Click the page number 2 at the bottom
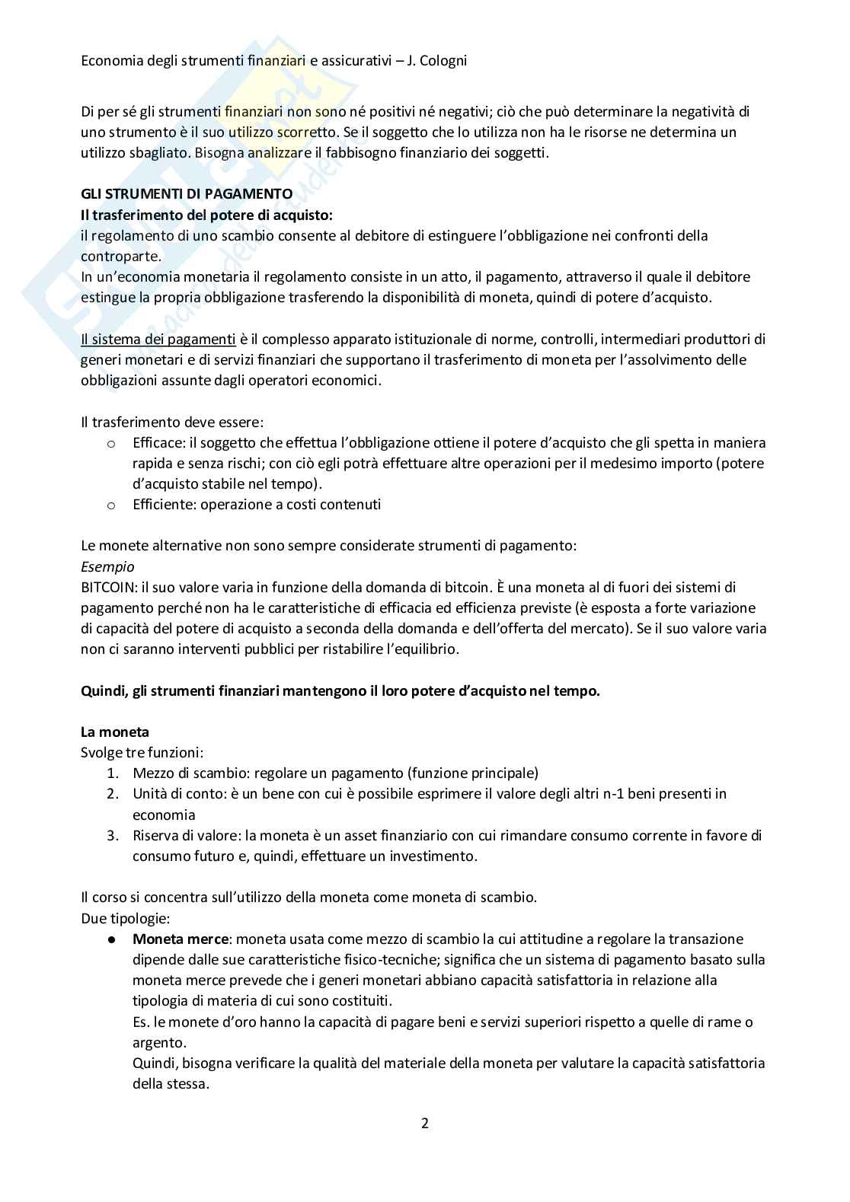(x=424, y=1123)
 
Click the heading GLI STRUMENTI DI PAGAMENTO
(x=187, y=194)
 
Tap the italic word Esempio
(x=107, y=566)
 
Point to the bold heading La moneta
(x=115, y=732)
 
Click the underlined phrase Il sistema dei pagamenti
(x=158, y=339)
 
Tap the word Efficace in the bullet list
(x=158, y=442)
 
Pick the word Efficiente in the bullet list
(x=162, y=504)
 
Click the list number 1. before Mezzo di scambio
(x=112, y=773)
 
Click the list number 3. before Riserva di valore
(x=112, y=835)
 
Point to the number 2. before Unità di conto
(x=112, y=794)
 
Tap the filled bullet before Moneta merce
(x=111, y=939)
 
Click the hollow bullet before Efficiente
(x=111, y=505)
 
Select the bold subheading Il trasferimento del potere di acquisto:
(x=207, y=215)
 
